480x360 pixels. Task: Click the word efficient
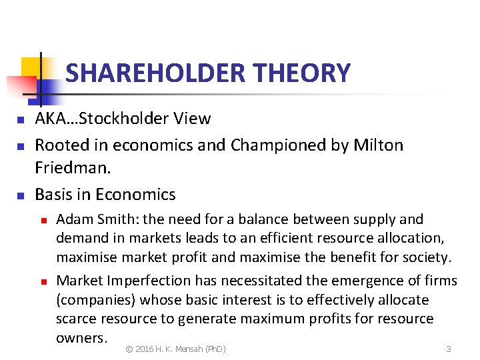pyautogui.click(x=261, y=238)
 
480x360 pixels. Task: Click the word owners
pyautogui.click(x=80, y=337)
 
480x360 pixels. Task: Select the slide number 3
pyautogui.click(x=449, y=349)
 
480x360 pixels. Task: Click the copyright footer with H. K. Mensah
pyautogui.click(x=176, y=349)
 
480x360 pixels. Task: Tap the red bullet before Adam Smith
pyautogui.click(x=42, y=219)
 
